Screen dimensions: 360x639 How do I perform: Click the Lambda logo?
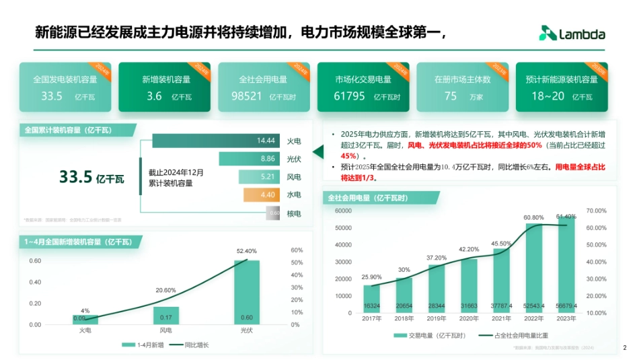coord(572,34)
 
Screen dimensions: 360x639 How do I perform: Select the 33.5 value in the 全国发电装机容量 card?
coord(52,96)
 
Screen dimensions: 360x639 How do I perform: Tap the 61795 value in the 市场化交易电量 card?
coord(349,96)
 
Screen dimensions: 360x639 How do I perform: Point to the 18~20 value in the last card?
coord(548,96)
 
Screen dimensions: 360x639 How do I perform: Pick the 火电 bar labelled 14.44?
coord(215,141)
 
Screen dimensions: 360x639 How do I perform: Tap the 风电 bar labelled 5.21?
coord(258,177)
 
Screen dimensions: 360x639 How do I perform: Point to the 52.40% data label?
coord(246,251)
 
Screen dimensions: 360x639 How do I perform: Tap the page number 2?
coord(624,348)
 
